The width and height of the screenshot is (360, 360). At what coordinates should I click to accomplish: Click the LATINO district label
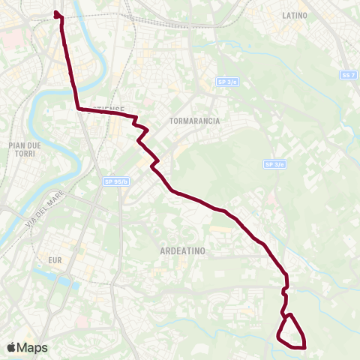pos(296,15)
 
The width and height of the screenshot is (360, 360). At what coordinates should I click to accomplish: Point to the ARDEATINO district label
pos(183,252)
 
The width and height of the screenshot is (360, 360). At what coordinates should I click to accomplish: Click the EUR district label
pos(54,259)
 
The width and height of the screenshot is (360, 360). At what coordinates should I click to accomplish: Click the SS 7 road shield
pos(346,76)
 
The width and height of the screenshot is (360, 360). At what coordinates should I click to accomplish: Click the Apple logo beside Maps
pos(10,347)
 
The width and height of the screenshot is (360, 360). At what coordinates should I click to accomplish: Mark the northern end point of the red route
pos(58,13)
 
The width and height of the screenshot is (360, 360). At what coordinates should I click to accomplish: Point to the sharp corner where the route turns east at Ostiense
pos(78,109)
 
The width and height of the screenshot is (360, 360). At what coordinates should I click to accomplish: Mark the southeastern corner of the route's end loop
pos(304,346)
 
